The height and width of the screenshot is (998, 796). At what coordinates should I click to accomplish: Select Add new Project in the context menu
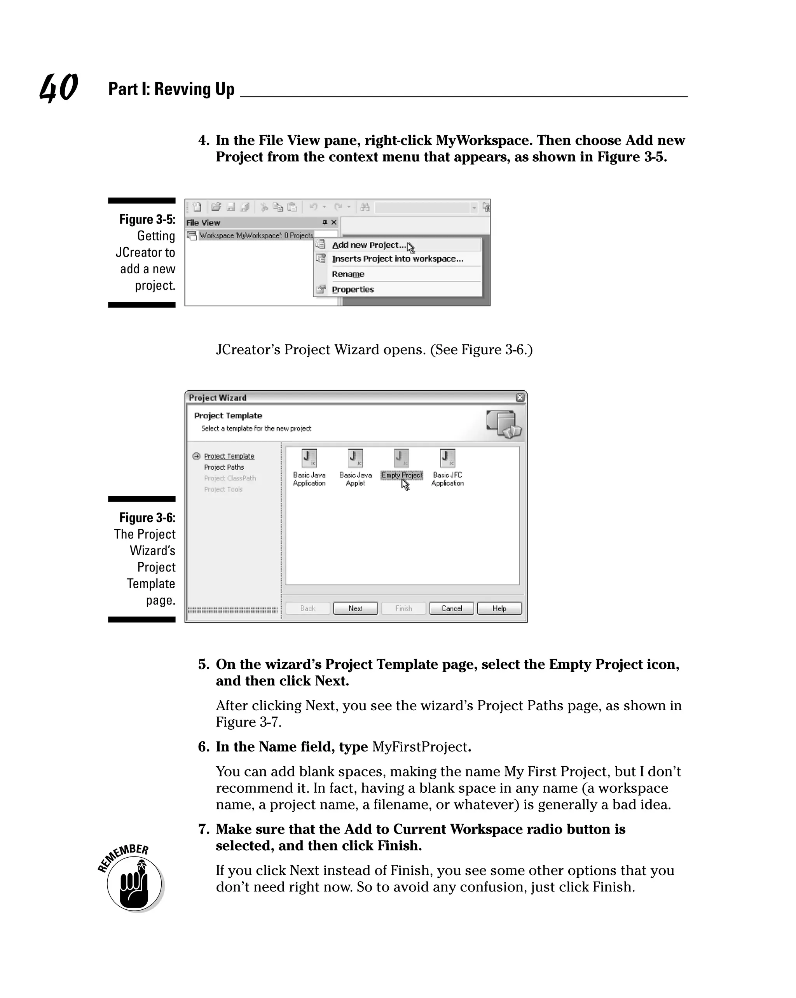tap(368, 245)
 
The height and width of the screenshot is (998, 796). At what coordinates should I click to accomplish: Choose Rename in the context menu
tap(347, 274)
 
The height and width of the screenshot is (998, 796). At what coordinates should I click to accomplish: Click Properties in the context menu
tap(353, 289)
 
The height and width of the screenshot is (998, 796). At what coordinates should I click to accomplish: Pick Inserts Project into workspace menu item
tap(397, 259)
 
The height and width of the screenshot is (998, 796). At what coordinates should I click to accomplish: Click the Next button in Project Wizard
tap(355, 608)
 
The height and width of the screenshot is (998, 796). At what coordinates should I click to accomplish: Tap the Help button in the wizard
tap(499, 608)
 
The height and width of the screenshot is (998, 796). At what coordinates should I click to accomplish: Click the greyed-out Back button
tap(308, 608)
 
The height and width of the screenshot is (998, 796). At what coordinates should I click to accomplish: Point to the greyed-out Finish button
tap(403, 608)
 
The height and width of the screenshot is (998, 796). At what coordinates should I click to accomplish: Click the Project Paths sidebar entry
tap(223, 467)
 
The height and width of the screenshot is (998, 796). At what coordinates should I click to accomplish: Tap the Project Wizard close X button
tap(520, 397)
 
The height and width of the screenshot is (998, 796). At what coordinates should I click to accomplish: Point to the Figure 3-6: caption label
tap(147, 517)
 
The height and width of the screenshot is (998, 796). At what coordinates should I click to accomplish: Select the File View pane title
tap(203, 223)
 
